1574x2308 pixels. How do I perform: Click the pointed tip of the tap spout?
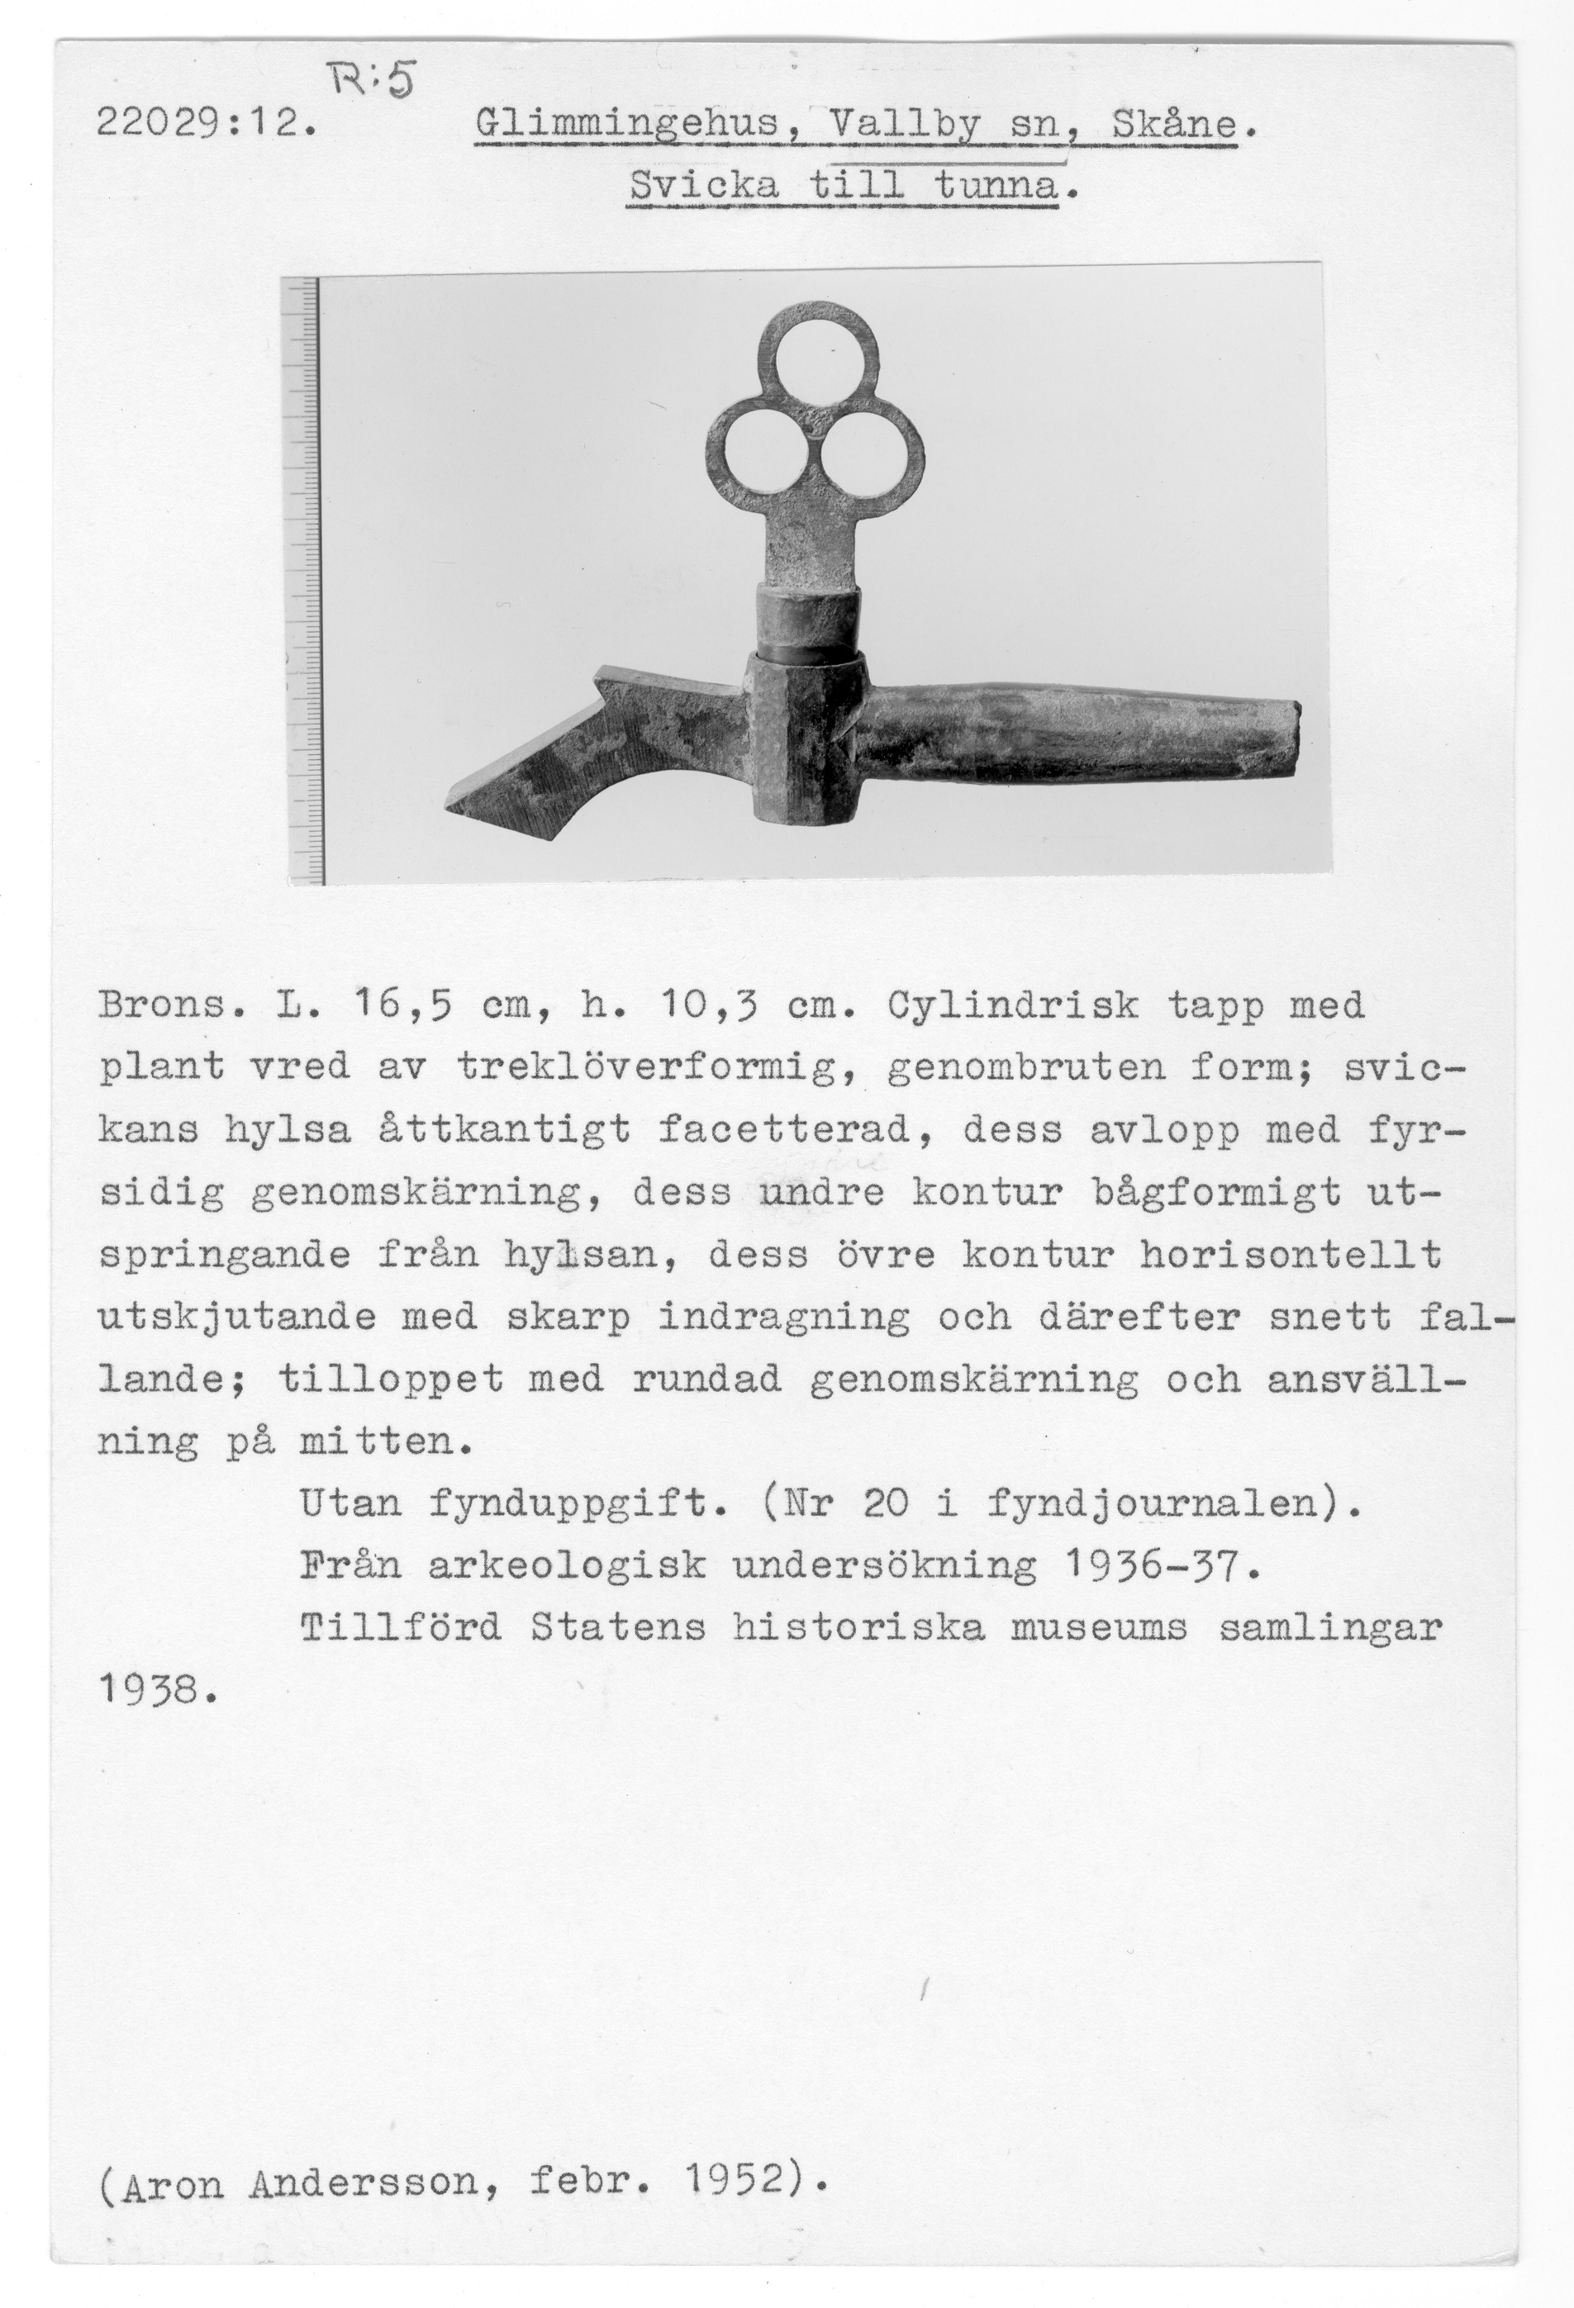(459, 805)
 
